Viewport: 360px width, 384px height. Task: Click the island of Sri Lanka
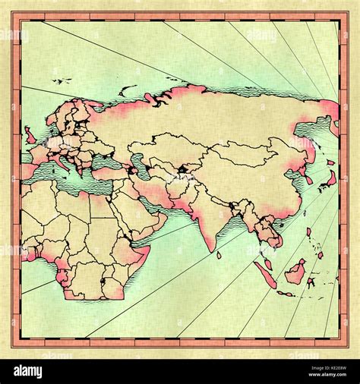219,255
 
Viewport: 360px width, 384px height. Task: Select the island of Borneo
295,271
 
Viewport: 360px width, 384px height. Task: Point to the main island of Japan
332,179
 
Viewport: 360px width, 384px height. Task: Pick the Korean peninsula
308,178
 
